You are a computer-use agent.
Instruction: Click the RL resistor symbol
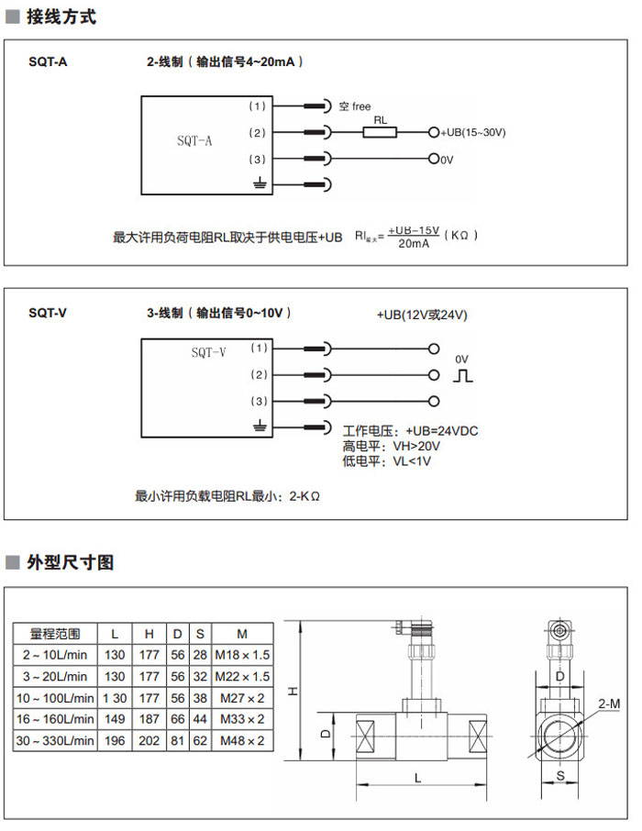tap(380, 133)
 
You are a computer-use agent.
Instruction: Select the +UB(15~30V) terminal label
tap(473, 133)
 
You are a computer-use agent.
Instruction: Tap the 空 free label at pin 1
tap(354, 107)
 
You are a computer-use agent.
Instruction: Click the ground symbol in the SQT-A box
tap(259, 185)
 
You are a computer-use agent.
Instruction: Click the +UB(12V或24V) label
tap(422, 315)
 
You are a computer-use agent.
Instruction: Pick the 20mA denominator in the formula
tap(413, 243)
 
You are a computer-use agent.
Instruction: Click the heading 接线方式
tap(61, 17)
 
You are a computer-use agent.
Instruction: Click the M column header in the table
tap(242, 634)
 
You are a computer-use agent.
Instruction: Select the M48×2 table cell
tap(242, 740)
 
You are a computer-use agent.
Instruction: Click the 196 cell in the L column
tap(115, 740)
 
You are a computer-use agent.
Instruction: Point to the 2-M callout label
tap(608, 703)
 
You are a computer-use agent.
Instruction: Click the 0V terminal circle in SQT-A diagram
tap(434, 159)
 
